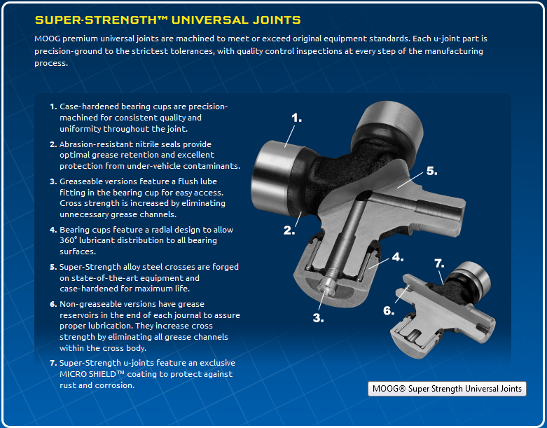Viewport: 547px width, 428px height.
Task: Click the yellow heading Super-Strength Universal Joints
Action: [x=168, y=20]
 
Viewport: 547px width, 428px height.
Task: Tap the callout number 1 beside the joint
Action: [x=296, y=118]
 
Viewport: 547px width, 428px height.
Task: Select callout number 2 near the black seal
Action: [x=289, y=230]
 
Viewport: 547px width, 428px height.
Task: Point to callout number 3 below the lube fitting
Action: [x=318, y=318]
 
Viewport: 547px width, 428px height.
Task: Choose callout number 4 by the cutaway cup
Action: [x=398, y=257]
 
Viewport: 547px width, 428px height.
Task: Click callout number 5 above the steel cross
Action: [x=432, y=171]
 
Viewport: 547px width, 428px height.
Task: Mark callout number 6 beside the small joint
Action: [x=389, y=310]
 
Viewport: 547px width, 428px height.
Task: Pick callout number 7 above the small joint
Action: [x=439, y=263]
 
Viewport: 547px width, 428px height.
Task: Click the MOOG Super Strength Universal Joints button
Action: [x=447, y=389]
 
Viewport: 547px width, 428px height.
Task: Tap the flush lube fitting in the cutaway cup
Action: [x=326, y=286]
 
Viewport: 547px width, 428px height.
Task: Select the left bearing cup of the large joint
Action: [x=275, y=177]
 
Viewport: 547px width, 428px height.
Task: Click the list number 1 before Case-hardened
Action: [x=53, y=106]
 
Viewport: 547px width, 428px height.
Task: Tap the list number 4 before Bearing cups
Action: [x=53, y=230]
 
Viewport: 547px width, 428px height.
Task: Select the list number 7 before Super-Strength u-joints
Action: [x=53, y=363]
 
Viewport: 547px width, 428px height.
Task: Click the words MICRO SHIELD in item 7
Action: [x=88, y=374]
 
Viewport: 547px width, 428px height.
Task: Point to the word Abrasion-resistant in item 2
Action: [x=96, y=144]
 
